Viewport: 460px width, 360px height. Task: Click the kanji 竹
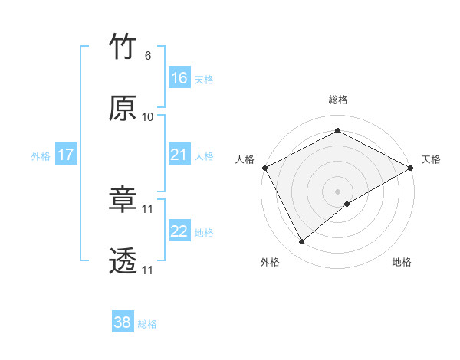pyautogui.click(x=123, y=48)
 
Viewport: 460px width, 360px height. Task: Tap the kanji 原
pyautogui.click(x=123, y=108)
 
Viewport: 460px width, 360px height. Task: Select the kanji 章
pyautogui.click(x=123, y=201)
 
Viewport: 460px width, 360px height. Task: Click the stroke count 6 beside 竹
pyautogui.click(x=147, y=56)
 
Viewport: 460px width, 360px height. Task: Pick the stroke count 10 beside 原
pyautogui.click(x=148, y=116)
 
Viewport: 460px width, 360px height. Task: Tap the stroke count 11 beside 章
pyautogui.click(x=148, y=209)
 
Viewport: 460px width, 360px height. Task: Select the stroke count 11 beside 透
pyautogui.click(x=148, y=270)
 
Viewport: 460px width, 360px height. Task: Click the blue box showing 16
pyautogui.click(x=179, y=77)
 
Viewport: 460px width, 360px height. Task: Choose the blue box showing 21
pyautogui.click(x=179, y=155)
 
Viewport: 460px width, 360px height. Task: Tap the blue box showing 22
pyautogui.click(x=179, y=231)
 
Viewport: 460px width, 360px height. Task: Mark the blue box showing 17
pyautogui.click(x=66, y=155)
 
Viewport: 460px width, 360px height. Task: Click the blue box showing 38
pyautogui.click(x=123, y=322)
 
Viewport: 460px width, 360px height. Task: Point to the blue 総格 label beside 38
pyautogui.click(x=147, y=324)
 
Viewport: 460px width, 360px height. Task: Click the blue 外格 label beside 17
pyautogui.click(x=41, y=156)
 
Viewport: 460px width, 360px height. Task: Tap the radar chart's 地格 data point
pyautogui.click(x=347, y=203)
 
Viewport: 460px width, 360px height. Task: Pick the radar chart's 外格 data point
pyautogui.click(x=302, y=241)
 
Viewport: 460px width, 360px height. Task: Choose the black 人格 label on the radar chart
pyautogui.click(x=245, y=159)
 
